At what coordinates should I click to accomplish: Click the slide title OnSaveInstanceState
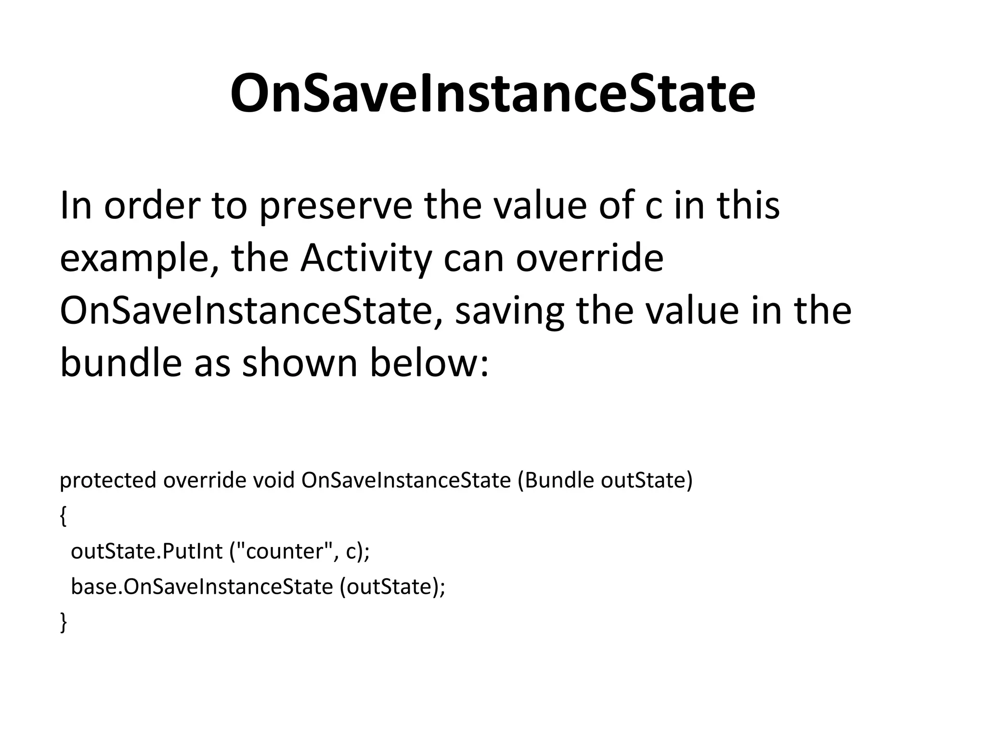coord(493,93)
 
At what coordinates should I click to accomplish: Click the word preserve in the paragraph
coord(336,206)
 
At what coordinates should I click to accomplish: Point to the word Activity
coord(366,259)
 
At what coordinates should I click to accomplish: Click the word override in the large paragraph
coord(590,258)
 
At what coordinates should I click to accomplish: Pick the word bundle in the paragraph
coord(121,363)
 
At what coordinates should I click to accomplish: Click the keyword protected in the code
coord(108,480)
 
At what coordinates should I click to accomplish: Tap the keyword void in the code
coord(273,480)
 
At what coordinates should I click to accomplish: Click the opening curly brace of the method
coord(63,516)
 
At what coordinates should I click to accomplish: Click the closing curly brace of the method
coord(63,622)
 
